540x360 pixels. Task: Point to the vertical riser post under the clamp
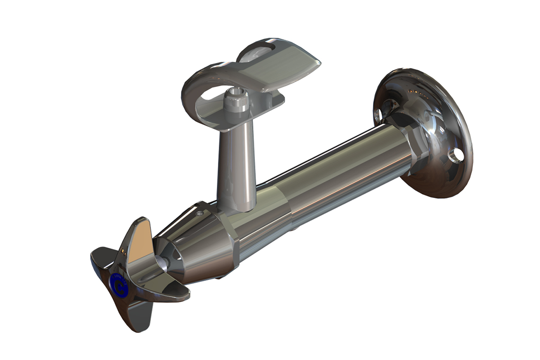coord(236,166)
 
